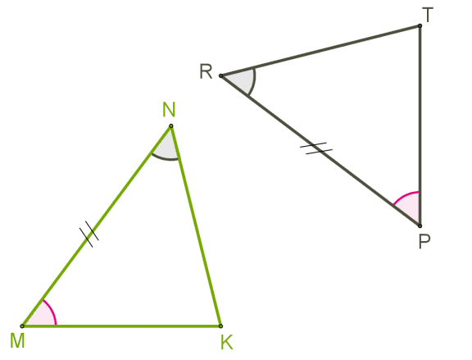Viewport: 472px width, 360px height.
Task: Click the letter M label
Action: coord(17,340)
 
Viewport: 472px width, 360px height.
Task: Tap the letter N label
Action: coord(169,110)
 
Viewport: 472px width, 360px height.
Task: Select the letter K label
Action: coord(227,342)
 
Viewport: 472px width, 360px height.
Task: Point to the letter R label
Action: coord(206,71)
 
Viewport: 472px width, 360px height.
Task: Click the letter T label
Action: coord(428,15)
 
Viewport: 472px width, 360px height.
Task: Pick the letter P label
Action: coord(424,241)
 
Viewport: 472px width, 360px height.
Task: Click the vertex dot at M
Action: coord(22,326)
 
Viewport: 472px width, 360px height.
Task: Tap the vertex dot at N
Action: coord(171,126)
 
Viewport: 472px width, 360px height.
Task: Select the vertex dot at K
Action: coord(220,326)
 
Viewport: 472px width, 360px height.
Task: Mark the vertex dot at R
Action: coord(220,75)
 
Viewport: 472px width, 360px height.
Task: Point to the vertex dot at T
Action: coord(420,26)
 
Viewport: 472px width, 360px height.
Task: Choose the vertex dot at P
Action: coord(420,226)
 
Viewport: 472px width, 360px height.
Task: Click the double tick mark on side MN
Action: coord(89,234)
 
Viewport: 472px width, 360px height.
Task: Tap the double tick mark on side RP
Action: coord(316,148)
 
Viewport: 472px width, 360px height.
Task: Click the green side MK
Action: coord(121,326)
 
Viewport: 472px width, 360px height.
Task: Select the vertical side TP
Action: coord(420,126)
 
